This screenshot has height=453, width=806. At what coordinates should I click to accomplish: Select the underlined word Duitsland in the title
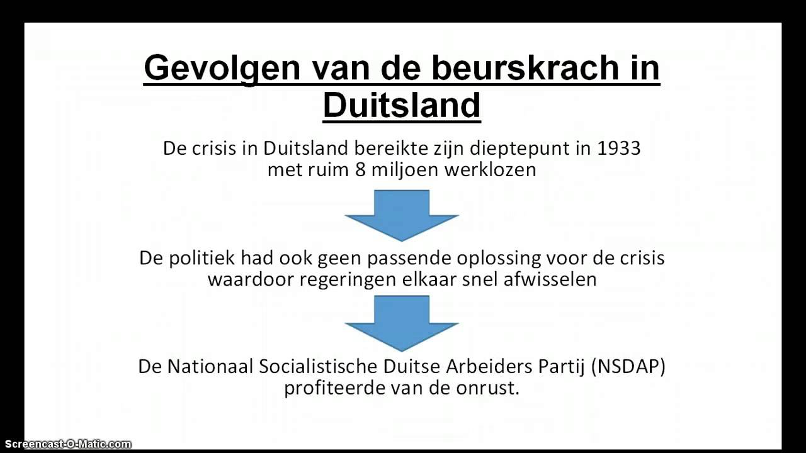(x=402, y=105)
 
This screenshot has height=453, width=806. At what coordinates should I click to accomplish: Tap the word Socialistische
(x=319, y=366)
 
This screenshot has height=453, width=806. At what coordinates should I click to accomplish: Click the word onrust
(x=490, y=388)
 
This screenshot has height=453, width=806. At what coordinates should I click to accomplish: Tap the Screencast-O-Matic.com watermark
(x=66, y=445)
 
